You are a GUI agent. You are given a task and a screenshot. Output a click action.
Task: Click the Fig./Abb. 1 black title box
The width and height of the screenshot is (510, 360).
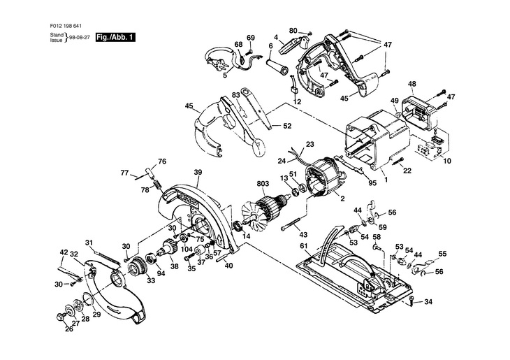pos(115,37)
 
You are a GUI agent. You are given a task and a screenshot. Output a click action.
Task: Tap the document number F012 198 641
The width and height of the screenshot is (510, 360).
pos(66,26)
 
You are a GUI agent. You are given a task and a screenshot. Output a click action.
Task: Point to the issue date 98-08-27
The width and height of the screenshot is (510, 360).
pos(80,38)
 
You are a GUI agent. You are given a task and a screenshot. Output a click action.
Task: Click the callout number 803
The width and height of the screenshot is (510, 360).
pos(263,184)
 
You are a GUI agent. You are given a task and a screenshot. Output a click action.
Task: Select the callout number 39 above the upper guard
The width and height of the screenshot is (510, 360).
pos(198,173)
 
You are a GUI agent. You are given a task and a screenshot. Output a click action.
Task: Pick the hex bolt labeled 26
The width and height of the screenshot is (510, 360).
pos(61,316)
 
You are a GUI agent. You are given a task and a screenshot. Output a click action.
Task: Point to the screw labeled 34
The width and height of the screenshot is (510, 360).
pos(411,301)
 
